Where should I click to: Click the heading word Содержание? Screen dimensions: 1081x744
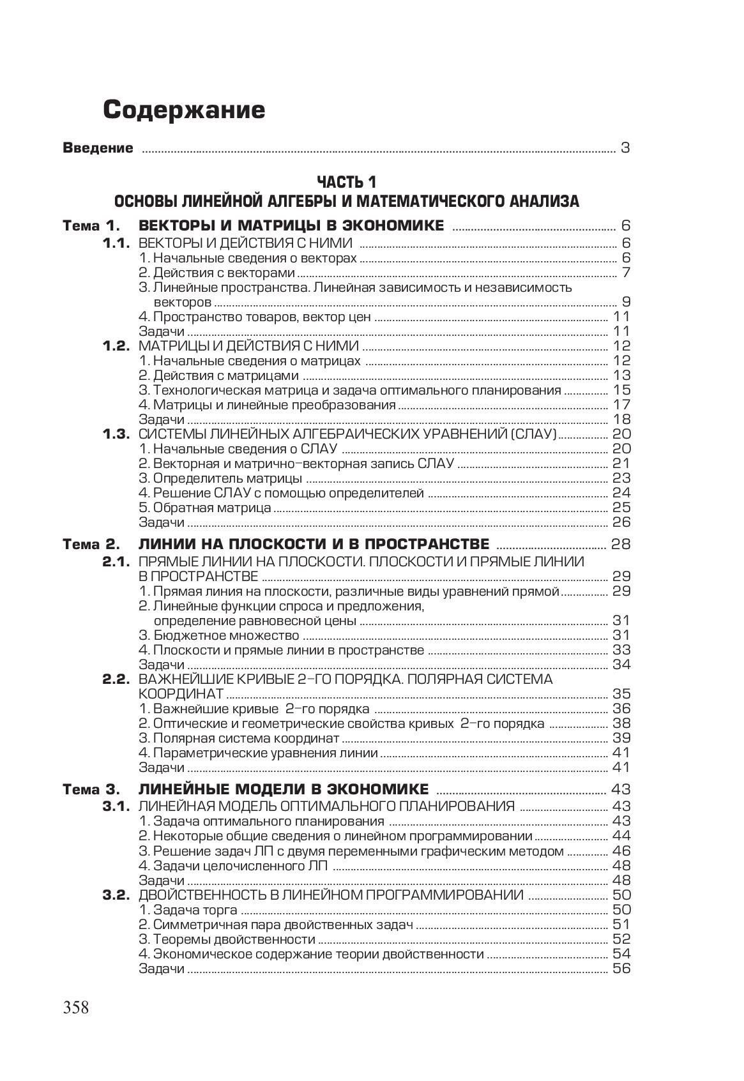point(184,110)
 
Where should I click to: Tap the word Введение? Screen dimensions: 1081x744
point(98,149)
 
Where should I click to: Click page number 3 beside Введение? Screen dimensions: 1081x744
point(625,149)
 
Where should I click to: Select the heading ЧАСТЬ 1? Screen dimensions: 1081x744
point(347,182)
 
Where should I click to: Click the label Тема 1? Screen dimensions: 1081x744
point(91,226)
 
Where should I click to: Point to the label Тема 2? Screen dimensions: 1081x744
point(91,545)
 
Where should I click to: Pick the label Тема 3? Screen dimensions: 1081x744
point(91,790)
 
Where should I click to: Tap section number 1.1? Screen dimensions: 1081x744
point(117,243)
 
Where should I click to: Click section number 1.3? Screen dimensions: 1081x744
point(117,434)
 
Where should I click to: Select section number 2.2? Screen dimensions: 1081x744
point(117,679)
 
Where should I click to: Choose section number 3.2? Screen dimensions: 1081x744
point(117,895)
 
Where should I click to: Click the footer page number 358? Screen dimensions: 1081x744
point(76,1008)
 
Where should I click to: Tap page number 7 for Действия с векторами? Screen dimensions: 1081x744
point(626,273)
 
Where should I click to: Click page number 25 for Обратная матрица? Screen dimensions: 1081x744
point(621,508)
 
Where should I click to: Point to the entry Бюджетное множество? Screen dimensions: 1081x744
point(219,635)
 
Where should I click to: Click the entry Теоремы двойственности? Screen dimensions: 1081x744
point(227,939)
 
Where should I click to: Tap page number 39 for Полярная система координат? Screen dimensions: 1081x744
point(621,738)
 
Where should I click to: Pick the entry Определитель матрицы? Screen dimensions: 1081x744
point(221,478)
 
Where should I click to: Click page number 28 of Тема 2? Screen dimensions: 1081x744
point(621,545)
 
